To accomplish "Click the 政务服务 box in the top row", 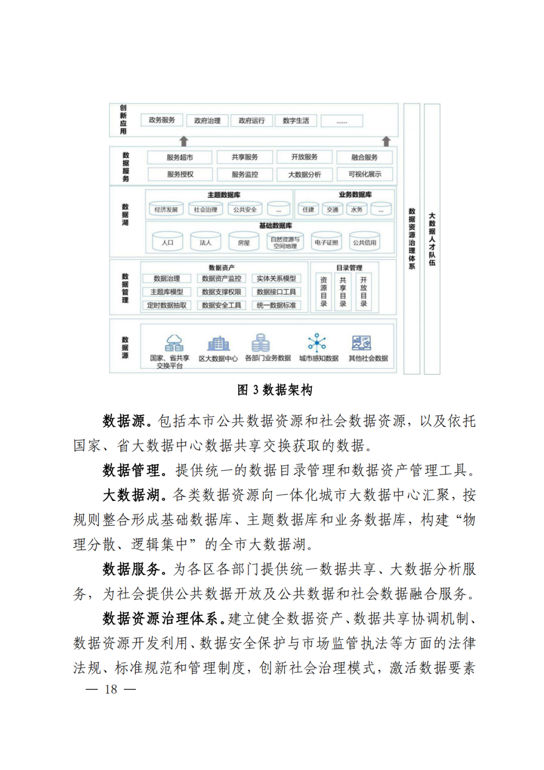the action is pos(162,120).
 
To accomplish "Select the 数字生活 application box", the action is pos(296,121).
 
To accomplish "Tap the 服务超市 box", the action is pos(180,158).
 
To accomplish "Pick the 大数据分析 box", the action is pos(304,175).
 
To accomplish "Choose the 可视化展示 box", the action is pos(365,174).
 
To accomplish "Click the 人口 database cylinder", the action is pos(168,242).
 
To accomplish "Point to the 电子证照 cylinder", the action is pos(326,242).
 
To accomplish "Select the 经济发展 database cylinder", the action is pos(166,209).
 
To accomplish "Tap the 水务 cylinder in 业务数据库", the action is pos(357,209).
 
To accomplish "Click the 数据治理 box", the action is pos(167,279).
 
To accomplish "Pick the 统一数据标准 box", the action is pos(276,305).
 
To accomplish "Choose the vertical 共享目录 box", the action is pos(343,292).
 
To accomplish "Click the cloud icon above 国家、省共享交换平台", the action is pos(174,343).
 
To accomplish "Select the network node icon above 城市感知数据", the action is pos(317,343).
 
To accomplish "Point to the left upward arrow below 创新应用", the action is pos(184,142).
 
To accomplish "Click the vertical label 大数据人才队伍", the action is pos(432,239).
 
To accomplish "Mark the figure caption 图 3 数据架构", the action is pos(275,390).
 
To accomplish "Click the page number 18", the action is pos(111,689).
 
